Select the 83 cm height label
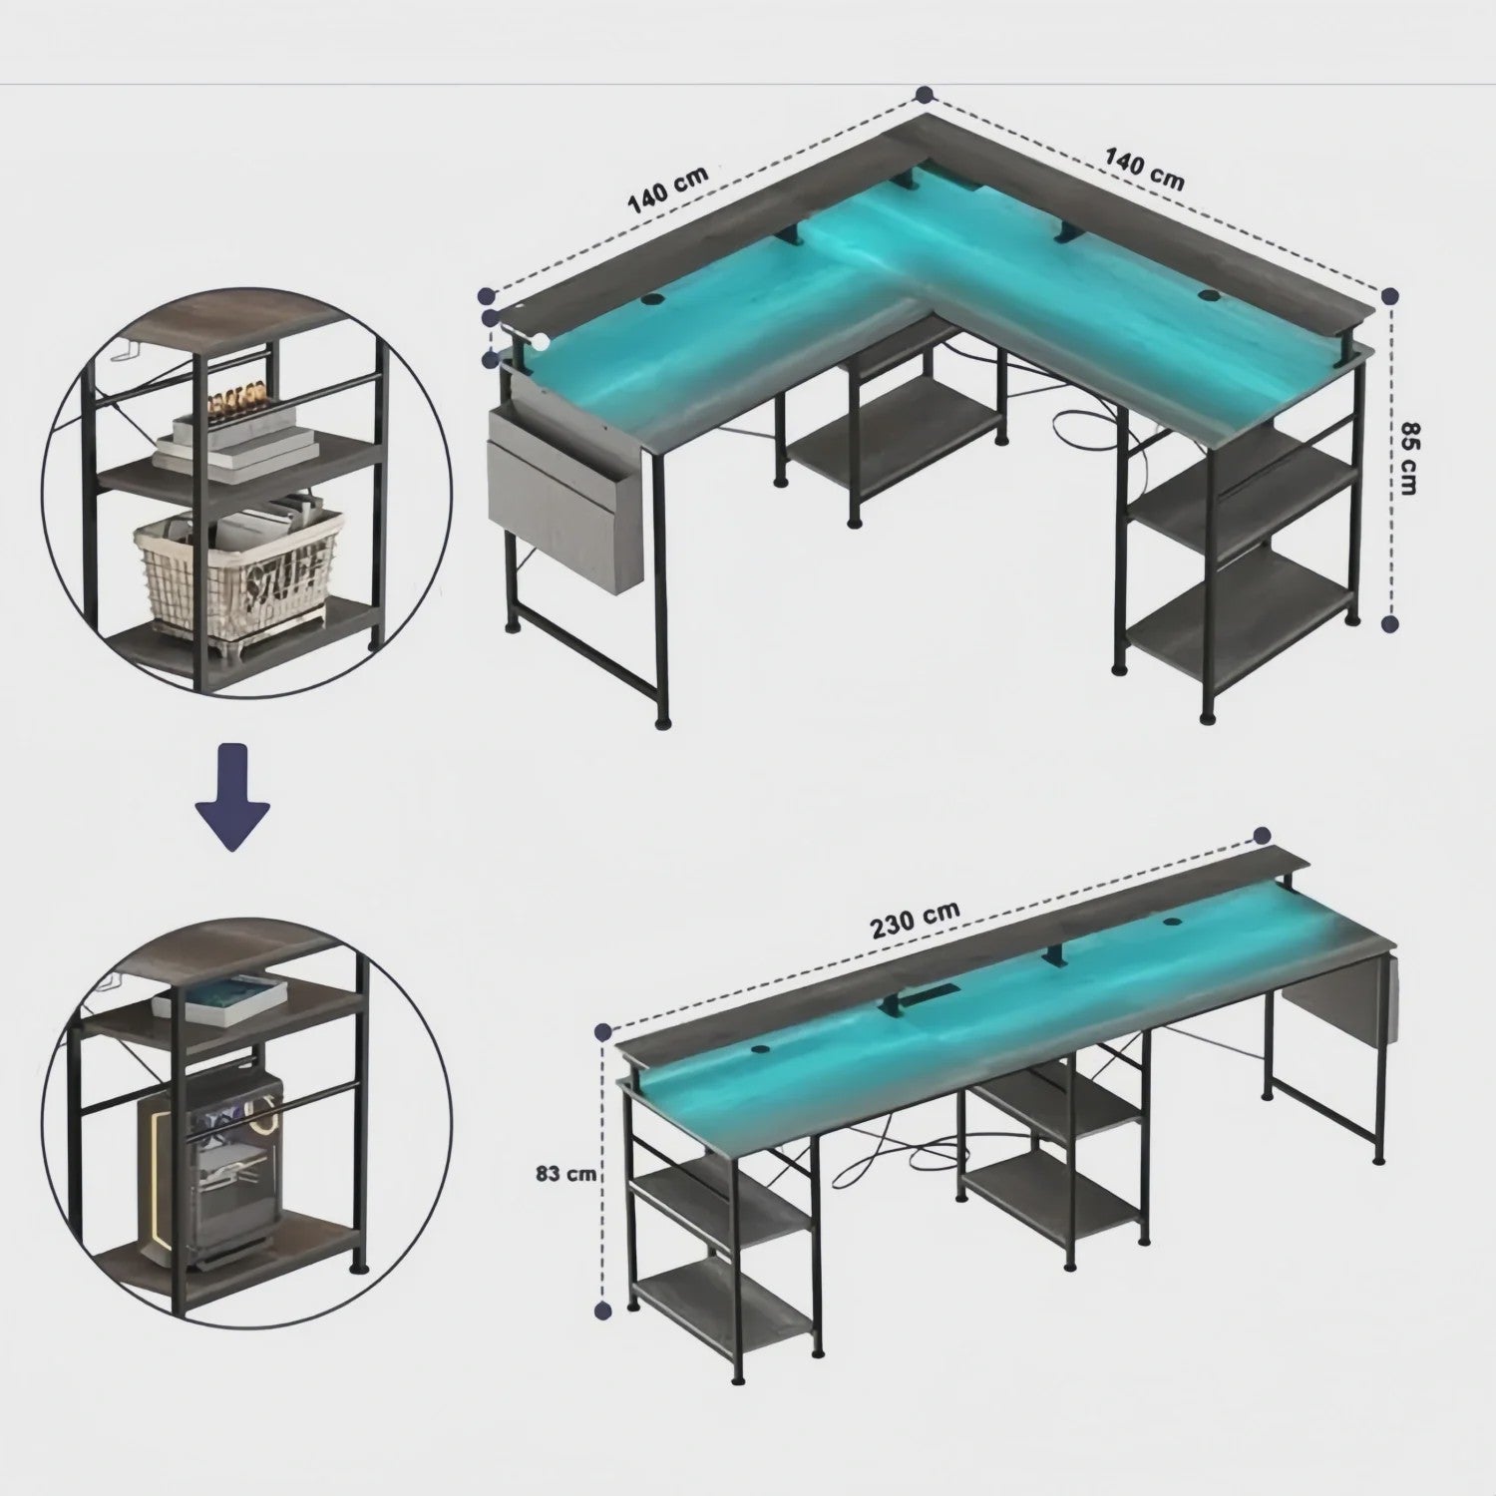565,1174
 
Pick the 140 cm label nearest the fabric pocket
667,189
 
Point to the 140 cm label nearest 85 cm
1144,169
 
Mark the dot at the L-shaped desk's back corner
925,95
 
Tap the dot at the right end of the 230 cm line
1262,836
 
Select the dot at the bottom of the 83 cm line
602,1309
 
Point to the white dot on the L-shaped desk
542,342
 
